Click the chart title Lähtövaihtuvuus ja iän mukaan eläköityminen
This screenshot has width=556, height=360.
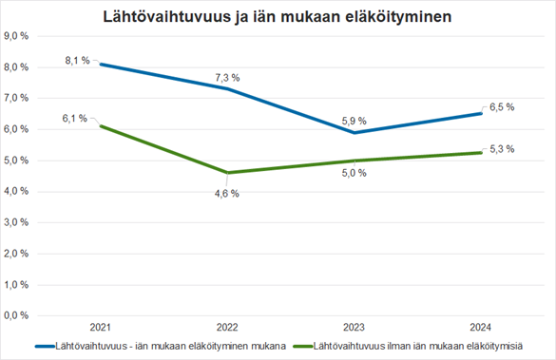click(278, 17)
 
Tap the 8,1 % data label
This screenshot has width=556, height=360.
click(77, 60)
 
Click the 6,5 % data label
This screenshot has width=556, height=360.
click(501, 107)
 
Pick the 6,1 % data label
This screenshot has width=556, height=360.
click(75, 119)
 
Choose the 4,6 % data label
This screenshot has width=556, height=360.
click(225, 193)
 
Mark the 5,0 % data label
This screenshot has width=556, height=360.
click(353, 173)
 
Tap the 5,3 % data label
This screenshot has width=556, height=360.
click(501, 149)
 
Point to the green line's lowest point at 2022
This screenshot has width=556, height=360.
click(225, 172)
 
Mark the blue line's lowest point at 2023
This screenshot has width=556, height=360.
click(353, 132)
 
